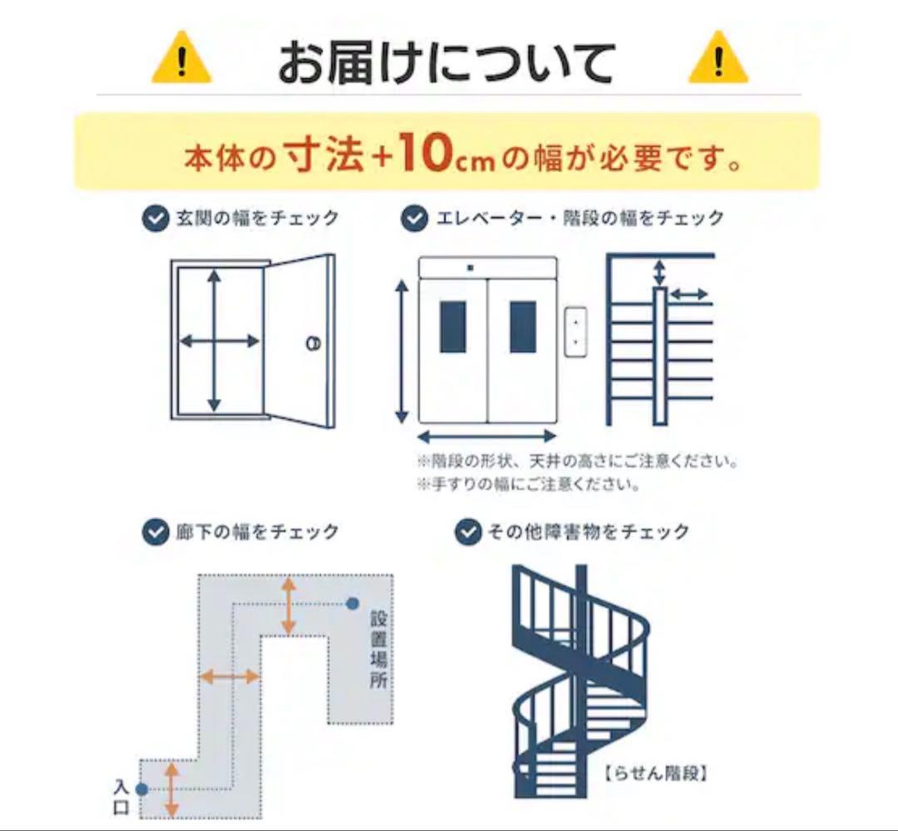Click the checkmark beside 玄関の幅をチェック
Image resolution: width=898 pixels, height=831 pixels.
click(155, 219)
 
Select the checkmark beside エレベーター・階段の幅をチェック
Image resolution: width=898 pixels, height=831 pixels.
click(414, 219)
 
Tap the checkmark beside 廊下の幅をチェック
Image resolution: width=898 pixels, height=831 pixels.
click(155, 532)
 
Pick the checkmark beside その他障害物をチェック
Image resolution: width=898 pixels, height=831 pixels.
click(468, 532)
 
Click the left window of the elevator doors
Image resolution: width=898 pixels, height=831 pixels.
click(453, 327)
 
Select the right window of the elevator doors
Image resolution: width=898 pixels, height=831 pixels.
click(523, 327)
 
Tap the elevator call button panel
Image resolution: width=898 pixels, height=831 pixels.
click(575, 332)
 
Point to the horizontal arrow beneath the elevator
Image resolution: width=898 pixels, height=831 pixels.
click(486, 436)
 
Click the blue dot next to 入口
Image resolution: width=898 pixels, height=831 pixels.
click(141, 789)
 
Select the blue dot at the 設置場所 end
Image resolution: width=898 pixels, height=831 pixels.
click(353, 602)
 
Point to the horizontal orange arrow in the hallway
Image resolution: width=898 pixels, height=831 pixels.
click(230, 676)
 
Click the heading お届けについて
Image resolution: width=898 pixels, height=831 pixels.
click(447, 63)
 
